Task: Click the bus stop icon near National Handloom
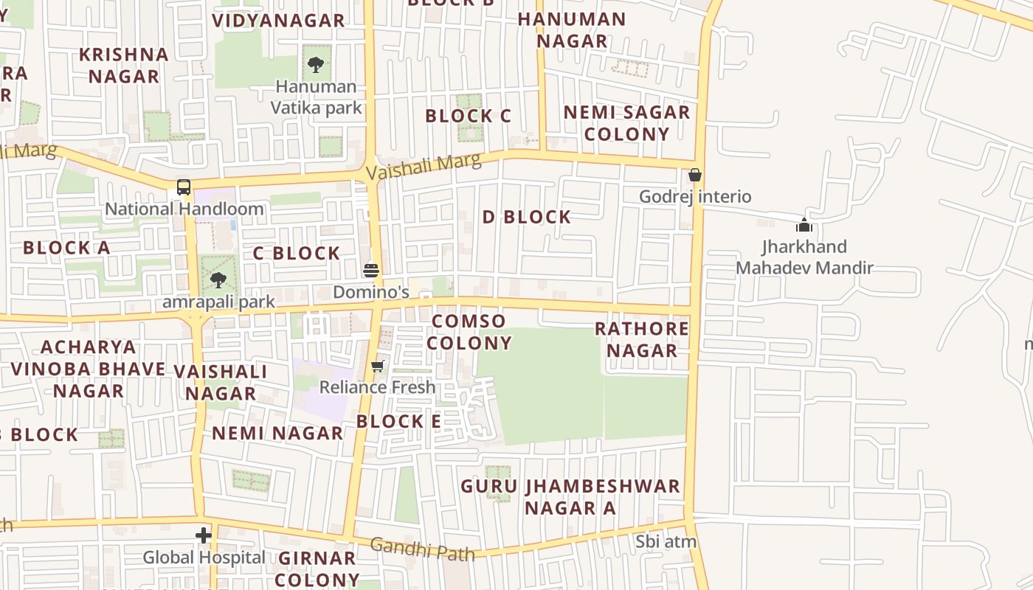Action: point(184,187)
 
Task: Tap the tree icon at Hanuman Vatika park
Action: point(316,64)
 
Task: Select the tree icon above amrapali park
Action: point(218,280)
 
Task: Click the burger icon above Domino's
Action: point(371,269)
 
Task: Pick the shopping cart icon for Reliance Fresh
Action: point(378,366)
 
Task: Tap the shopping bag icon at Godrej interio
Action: point(694,176)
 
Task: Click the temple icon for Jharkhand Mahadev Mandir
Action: point(804,225)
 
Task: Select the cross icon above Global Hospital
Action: point(204,535)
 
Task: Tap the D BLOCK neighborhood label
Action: point(527,217)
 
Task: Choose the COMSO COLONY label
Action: point(469,332)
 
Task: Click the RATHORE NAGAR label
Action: point(642,339)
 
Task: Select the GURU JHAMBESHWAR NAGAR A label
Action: point(570,497)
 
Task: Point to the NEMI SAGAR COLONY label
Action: point(626,123)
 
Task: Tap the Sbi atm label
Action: point(666,542)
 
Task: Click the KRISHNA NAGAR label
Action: point(124,65)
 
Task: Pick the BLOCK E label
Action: point(398,421)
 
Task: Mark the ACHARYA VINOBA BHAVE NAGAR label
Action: point(89,369)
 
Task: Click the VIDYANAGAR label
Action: point(278,20)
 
